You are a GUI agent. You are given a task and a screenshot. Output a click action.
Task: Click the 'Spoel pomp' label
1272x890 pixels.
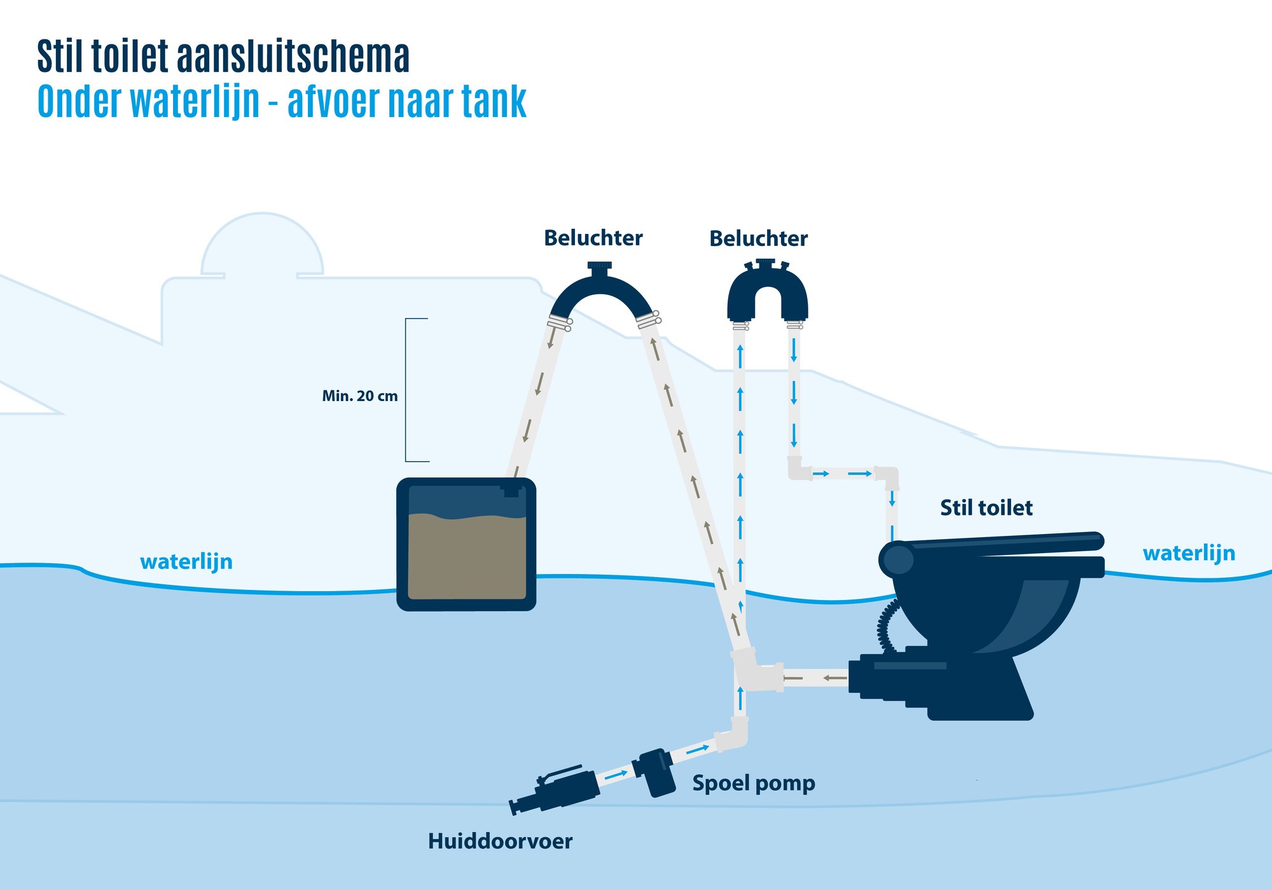click(753, 783)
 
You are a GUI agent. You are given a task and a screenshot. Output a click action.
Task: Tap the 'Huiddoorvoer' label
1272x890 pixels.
click(500, 842)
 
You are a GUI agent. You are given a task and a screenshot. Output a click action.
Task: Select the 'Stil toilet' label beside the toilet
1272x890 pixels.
click(986, 508)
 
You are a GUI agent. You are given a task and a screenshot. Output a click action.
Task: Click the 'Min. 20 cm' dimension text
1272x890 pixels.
click(359, 396)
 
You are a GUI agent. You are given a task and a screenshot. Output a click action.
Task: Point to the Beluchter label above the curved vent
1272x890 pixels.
click(593, 238)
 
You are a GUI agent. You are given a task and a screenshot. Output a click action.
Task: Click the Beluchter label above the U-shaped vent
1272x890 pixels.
click(758, 239)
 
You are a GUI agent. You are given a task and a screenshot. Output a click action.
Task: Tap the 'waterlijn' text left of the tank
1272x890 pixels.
click(186, 562)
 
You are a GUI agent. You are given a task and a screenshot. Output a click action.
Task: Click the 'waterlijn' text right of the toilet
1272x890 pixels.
click(1188, 553)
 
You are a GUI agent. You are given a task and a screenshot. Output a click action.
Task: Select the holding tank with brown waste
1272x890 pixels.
click(466, 545)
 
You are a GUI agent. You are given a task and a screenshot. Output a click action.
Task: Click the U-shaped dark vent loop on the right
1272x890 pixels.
click(768, 292)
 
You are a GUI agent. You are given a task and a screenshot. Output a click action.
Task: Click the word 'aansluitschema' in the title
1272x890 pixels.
click(293, 57)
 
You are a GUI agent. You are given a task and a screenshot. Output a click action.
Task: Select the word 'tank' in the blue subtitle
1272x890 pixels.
click(494, 102)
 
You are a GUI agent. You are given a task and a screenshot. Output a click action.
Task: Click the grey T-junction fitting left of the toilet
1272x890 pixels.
click(755, 671)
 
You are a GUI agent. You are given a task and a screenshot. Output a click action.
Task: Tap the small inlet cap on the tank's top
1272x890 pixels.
click(511, 490)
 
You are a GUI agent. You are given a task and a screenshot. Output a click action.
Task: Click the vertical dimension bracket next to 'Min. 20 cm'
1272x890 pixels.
click(407, 390)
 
